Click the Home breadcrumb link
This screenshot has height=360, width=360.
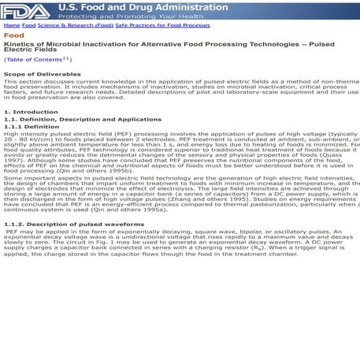click(x=11, y=25)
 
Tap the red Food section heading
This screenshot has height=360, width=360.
click(x=13, y=35)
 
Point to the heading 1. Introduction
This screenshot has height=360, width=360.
click(x=31, y=113)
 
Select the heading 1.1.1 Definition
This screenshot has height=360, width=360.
click(x=32, y=126)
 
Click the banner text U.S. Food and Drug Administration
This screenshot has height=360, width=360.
click(x=130, y=6)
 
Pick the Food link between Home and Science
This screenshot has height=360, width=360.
click(x=28, y=25)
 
